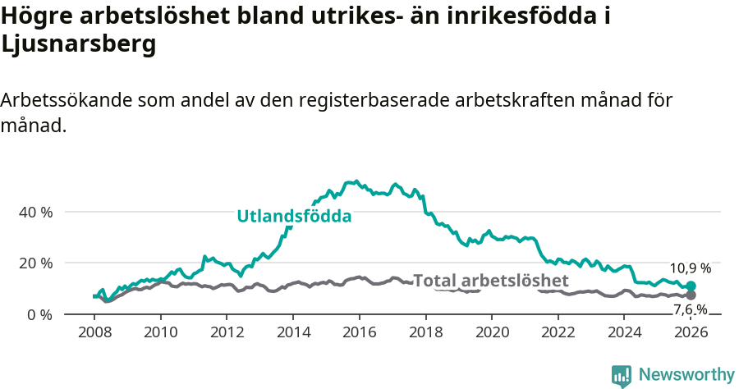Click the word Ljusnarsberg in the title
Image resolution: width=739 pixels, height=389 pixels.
[x=79, y=46]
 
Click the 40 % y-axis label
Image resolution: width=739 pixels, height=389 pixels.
[x=35, y=212]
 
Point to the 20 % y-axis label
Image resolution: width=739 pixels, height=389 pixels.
[x=35, y=263]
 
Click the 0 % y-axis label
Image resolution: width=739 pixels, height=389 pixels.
[x=39, y=314]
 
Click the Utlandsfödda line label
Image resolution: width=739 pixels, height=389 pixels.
[x=294, y=217]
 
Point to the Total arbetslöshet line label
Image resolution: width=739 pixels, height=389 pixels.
[x=490, y=281]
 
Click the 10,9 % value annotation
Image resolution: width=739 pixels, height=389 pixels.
[x=691, y=268]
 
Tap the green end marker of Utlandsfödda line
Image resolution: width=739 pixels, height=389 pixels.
[x=691, y=286]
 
